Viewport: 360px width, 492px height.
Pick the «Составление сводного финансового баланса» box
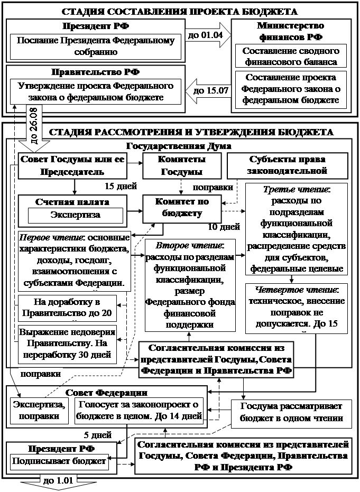tap(291, 56)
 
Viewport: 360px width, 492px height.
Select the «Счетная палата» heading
tap(73, 202)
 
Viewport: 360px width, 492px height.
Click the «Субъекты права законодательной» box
tap(288, 165)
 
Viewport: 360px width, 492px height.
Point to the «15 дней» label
tap(121, 187)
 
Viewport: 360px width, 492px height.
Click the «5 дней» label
tap(98, 435)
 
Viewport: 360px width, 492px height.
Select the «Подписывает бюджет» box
tap(60, 461)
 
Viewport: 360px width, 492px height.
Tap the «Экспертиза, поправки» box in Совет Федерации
tap(41, 411)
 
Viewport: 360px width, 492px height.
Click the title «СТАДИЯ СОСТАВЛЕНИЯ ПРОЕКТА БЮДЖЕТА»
tap(180, 11)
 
